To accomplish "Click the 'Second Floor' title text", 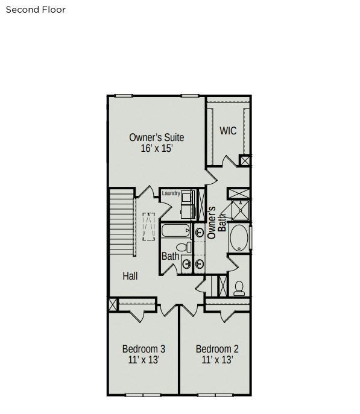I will [36, 10].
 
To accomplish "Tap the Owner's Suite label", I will [157, 137].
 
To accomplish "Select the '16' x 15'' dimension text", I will [157, 149].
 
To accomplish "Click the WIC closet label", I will [228, 131].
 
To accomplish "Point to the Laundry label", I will [171, 193].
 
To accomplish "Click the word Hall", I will [130, 276].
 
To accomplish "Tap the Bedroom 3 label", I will [144, 349].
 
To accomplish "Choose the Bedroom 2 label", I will [217, 349].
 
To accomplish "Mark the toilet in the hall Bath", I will [183, 247].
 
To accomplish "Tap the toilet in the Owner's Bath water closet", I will [239, 288].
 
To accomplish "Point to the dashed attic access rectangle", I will [148, 227].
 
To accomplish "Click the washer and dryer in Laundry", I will [188, 205].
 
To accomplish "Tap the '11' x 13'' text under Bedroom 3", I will [144, 360].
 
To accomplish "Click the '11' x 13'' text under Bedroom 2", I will [217, 360].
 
